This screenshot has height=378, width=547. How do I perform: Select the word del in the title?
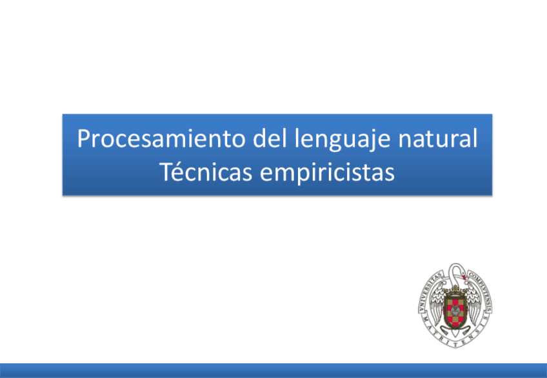pos(270,138)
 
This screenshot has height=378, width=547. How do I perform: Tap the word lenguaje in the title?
pos(343,139)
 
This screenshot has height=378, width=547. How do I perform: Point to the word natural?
pos(438,138)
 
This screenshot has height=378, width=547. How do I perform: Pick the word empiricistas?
pos(327,173)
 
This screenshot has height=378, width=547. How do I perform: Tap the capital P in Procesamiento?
pos(84,138)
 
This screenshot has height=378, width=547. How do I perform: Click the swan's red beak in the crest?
pos(464,278)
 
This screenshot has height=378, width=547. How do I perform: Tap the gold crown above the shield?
pos(455,289)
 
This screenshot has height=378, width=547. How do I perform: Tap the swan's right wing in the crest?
pos(473,304)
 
